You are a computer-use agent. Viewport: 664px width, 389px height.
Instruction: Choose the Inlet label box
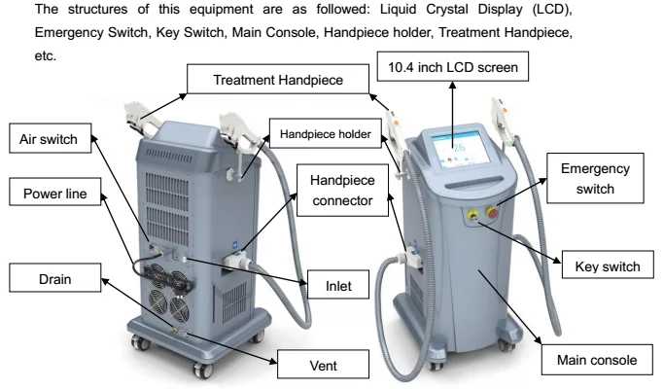[x=331, y=289]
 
